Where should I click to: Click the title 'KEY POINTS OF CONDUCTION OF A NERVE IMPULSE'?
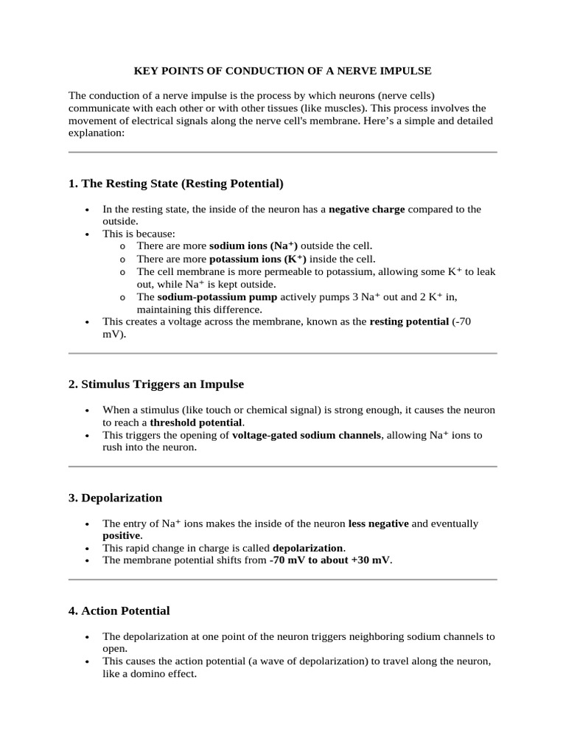tap(282, 71)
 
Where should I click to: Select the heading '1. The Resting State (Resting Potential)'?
tap(175, 183)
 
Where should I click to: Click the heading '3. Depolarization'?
tap(115, 498)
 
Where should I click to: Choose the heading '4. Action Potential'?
tap(119, 610)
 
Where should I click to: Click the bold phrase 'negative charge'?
tap(366, 209)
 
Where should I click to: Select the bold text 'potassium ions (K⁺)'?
tap(257, 259)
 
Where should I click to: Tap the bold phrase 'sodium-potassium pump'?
tap(217, 297)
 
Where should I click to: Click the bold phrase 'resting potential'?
tap(408, 321)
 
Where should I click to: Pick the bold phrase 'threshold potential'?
tap(196, 422)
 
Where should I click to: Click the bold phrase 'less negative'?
tap(378, 523)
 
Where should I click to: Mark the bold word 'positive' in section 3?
tap(121, 535)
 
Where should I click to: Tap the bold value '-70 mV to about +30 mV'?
tap(330, 560)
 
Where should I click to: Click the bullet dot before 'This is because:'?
tap(88, 234)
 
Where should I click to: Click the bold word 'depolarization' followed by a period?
tap(307, 548)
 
